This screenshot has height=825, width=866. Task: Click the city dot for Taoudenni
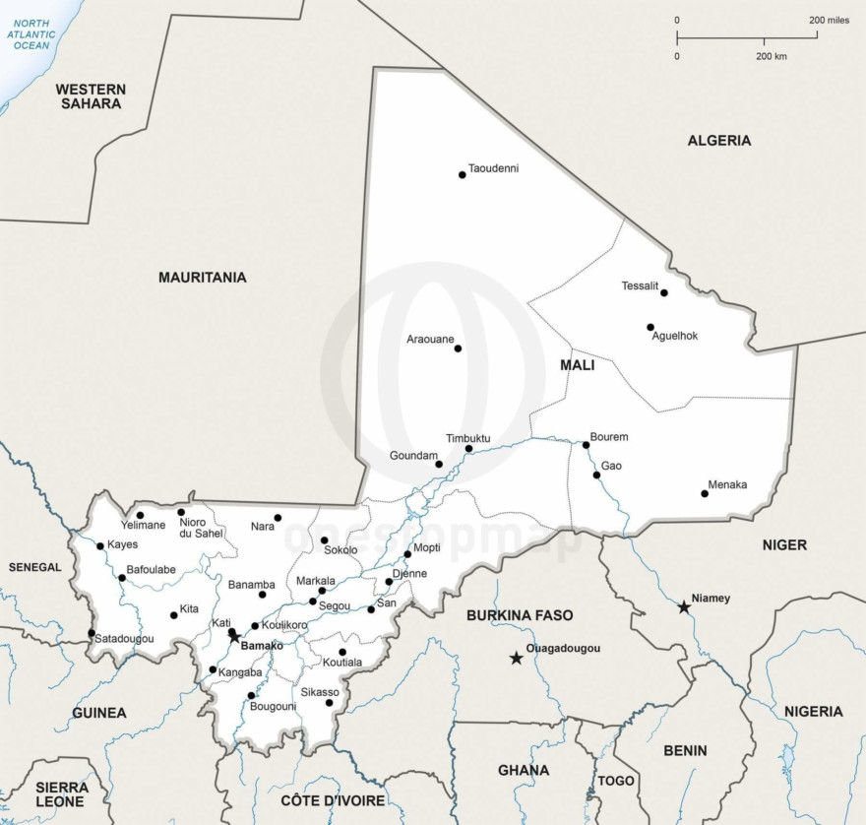click(462, 174)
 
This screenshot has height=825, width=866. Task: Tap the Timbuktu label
click(467, 438)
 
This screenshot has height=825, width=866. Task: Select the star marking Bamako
click(234, 636)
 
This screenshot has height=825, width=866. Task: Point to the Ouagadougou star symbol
click(516, 658)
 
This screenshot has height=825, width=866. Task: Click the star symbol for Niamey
click(684, 607)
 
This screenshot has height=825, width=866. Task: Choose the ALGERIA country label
click(718, 141)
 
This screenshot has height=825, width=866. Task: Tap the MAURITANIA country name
click(203, 278)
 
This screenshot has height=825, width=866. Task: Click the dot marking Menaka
click(705, 493)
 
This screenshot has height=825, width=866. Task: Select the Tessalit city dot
click(664, 292)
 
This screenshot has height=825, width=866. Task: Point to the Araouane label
click(430, 340)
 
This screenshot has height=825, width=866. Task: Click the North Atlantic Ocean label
click(31, 33)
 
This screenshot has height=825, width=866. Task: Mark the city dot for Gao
click(596, 476)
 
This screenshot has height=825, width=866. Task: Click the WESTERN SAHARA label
click(91, 96)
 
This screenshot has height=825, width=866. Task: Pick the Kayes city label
click(123, 544)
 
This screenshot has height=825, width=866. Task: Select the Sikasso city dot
click(330, 702)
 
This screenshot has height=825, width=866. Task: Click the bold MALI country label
click(577, 365)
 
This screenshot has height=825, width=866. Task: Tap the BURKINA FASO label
click(520, 615)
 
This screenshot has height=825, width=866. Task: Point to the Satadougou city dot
click(92, 633)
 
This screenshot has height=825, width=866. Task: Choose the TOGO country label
click(616, 781)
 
